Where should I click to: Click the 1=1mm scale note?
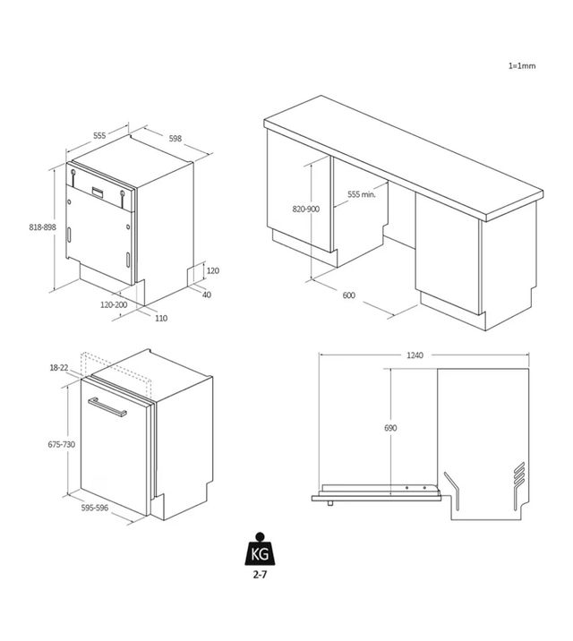click(x=521, y=66)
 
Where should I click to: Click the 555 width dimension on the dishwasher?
click(x=99, y=136)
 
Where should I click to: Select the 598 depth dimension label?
click(x=175, y=139)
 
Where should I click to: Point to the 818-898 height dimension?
click(x=42, y=226)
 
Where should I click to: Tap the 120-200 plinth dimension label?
click(x=114, y=304)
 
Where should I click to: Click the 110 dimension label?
click(x=161, y=318)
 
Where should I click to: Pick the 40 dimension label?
click(x=207, y=295)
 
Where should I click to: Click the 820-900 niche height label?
click(x=305, y=209)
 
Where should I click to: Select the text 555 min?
click(x=362, y=194)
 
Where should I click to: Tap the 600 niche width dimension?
click(x=348, y=295)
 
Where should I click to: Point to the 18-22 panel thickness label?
click(x=59, y=368)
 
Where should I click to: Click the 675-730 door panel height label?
click(x=61, y=444)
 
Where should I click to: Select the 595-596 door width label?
click(x=94, y=508)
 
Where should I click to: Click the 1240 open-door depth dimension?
click(x=415, y=355)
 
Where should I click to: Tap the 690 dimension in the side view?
click(x=390, y=428)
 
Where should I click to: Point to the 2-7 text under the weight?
click(x=260, y=575)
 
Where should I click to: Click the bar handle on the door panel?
click(x=107, y=406)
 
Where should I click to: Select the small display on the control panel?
click(x=98, y=192)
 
